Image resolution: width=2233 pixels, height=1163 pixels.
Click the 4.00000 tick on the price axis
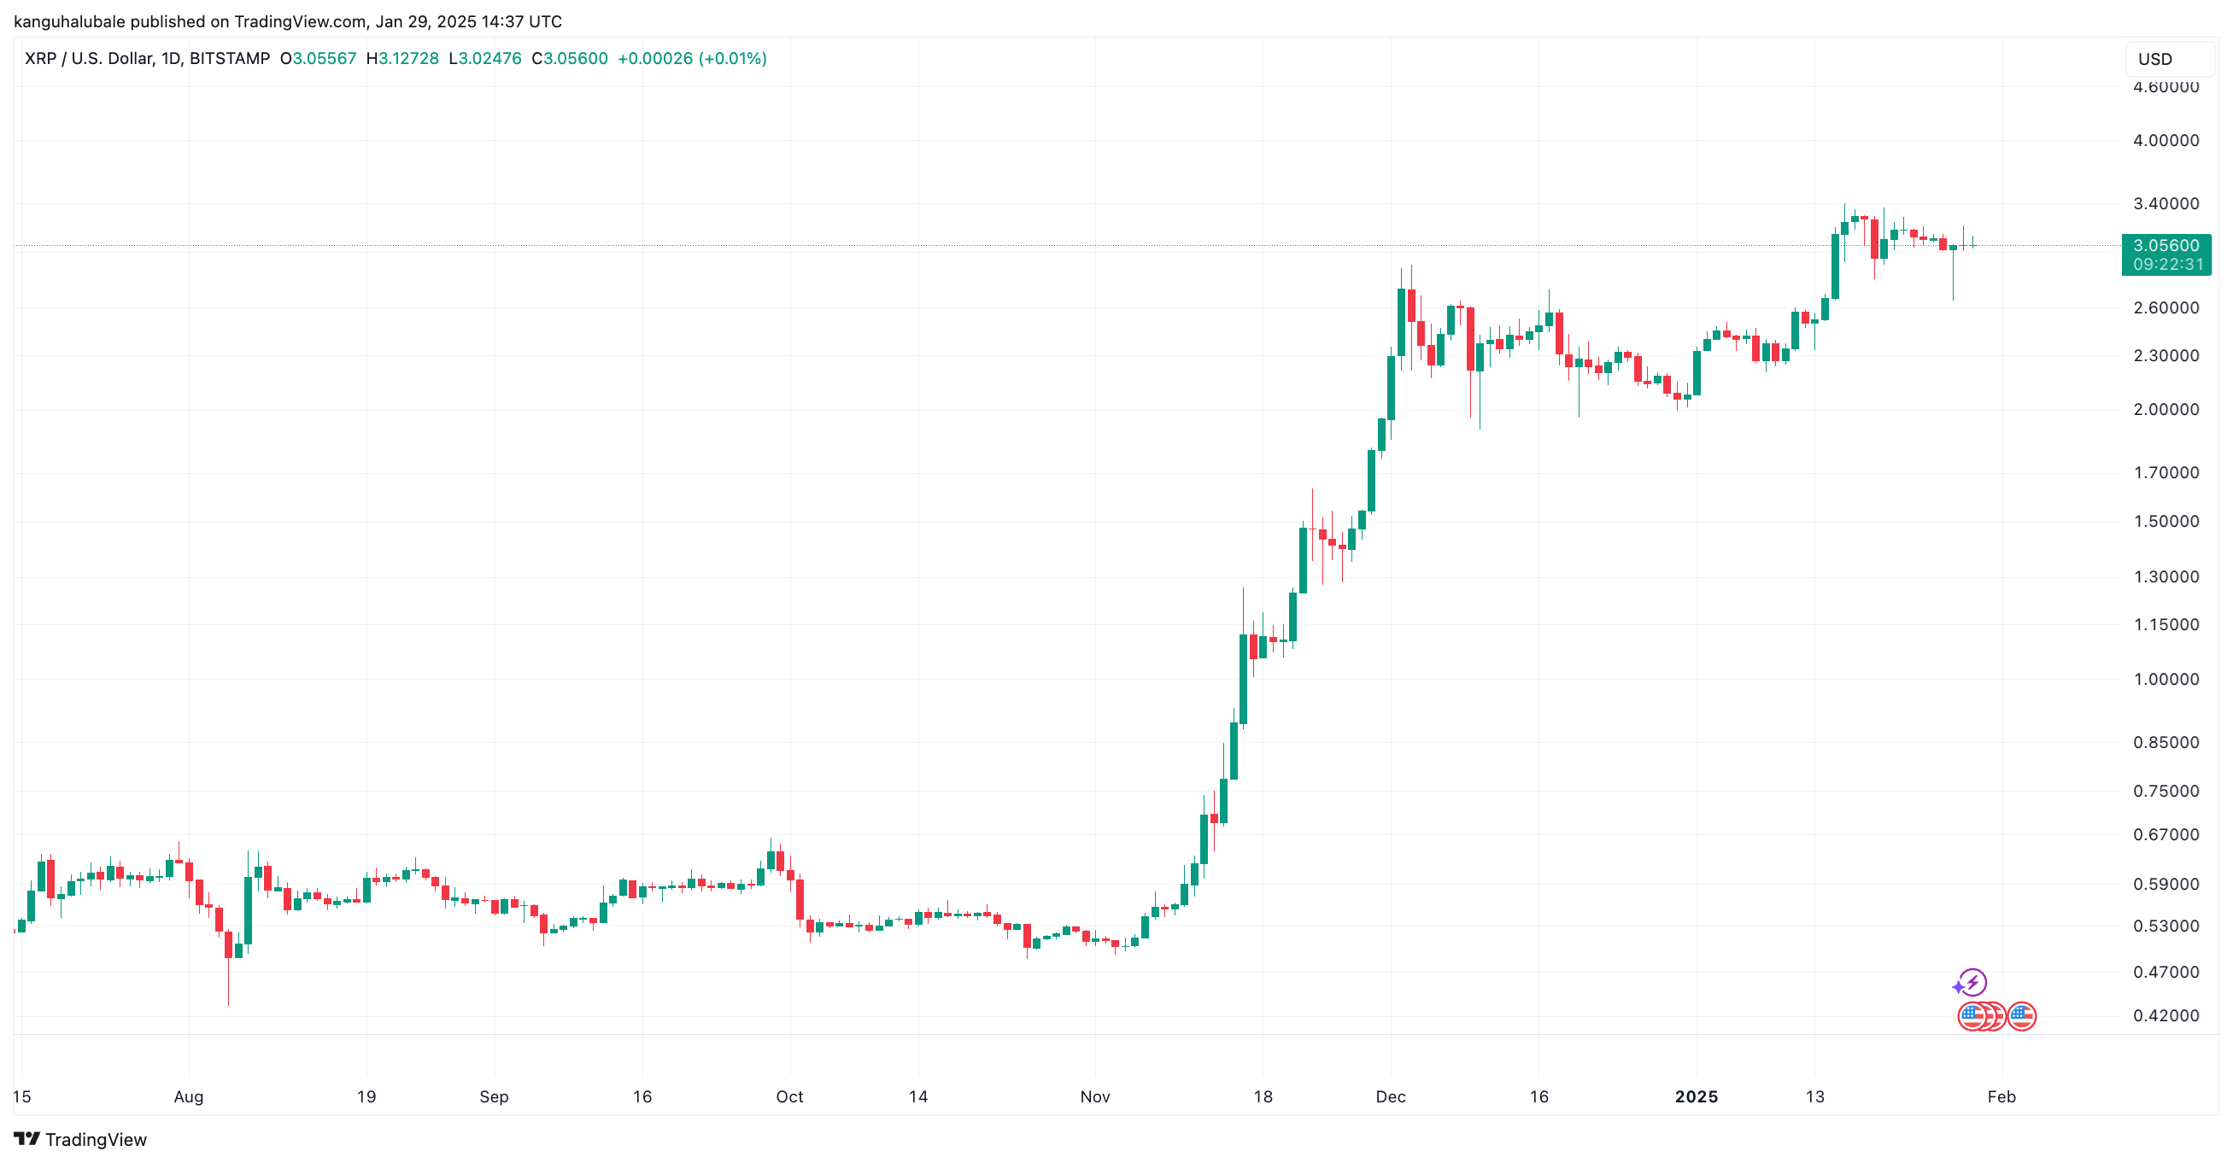(2166, 140)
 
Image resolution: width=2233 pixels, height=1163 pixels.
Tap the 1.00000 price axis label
(2166, 680)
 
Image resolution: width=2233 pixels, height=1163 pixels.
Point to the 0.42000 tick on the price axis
(2166, 1015)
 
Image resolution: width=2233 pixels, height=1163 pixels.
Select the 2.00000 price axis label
(2166, 410)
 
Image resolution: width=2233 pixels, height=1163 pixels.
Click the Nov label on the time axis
(1095, 1097)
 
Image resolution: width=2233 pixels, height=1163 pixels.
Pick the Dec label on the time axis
(1391, 1097)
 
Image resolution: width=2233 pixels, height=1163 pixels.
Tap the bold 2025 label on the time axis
(1697, 1097)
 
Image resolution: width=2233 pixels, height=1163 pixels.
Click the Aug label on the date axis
(188, 1097)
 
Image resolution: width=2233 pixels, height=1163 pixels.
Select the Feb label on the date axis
(2001, 1097)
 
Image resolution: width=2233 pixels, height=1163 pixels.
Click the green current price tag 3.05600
(2166, 246)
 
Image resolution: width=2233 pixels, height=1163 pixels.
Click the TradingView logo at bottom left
(79, 1140)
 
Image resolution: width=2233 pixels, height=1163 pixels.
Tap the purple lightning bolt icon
(1973, 983)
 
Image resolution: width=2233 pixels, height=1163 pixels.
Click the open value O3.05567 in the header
(318, 59)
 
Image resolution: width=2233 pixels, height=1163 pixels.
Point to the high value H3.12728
(402, 59)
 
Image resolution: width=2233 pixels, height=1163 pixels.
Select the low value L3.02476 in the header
(485, 59)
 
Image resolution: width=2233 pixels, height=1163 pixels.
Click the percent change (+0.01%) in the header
(733, 59)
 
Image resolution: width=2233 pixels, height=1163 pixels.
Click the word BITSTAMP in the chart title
(230, 59)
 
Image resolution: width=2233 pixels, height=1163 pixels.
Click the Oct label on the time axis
(788, 1097)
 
